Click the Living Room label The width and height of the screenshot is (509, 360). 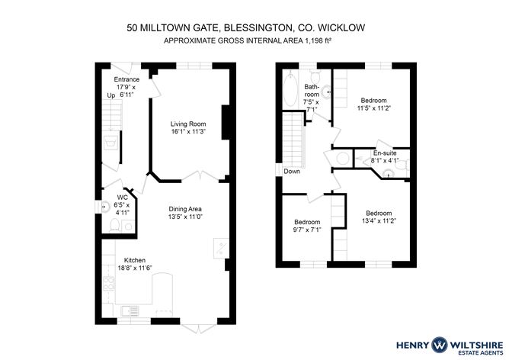pyautogui.click(x=188, y=124)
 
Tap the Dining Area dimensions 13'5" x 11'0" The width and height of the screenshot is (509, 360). pyautogui.click(x=185, y=217)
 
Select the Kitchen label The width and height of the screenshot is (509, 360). pyautogui.click(x=135, y=260)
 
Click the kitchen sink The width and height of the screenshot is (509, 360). pyautogui.click(x=130, y=310)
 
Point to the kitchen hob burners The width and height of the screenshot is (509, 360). pyautogui.click(x=109, y=283)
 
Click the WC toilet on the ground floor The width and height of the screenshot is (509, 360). pyautogui.click(x=115, y=225)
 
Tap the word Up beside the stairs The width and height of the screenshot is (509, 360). pyautogui.click(x=111, y=95)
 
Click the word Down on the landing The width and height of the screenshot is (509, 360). pyautogui.click(x=292, y=171)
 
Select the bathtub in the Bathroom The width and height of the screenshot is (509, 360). pyautogui.click(x=290, y=88)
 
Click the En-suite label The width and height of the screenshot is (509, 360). pyautogui.click(x=385, y=153)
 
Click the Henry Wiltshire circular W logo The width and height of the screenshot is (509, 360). pyautogui.click(x=439, y=345)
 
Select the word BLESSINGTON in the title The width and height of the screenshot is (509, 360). pyautogui.click(x=258, y=28)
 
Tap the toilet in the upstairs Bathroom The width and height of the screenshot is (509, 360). pyautogui.click(x=315, y=76)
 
